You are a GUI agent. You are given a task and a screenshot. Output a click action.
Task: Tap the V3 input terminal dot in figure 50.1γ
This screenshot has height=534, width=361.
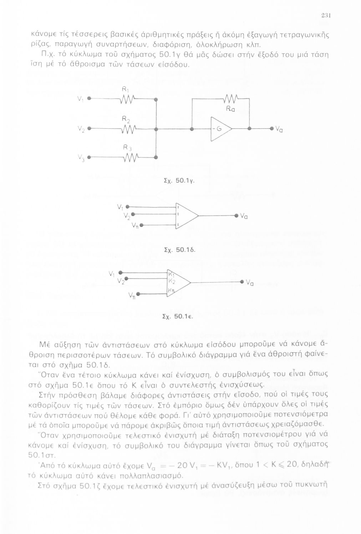pos(88,157)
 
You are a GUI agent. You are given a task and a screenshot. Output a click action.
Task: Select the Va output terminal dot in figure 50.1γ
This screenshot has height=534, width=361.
pos(271,129)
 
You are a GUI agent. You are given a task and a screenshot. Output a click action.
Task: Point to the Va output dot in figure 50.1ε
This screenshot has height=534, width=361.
pos(243,281)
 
